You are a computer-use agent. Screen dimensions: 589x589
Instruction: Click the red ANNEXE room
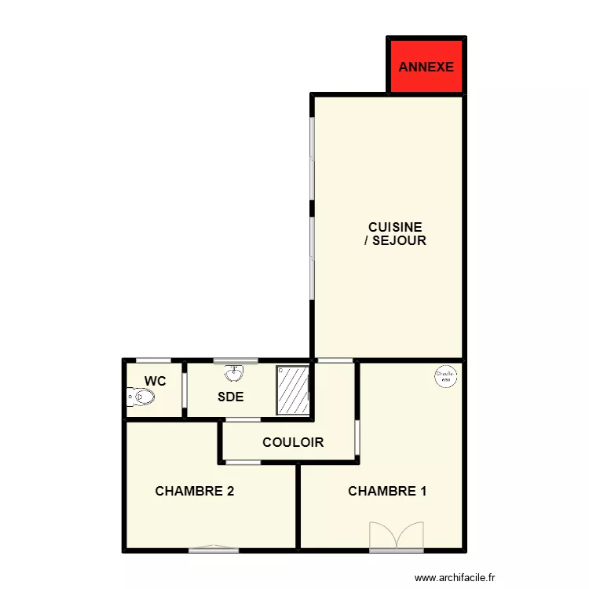pos(426,66)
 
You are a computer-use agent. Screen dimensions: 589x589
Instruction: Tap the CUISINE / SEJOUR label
pos(395,234)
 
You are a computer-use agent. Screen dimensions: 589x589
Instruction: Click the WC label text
pos(155,382)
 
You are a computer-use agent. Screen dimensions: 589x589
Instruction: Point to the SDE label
pos(230,397)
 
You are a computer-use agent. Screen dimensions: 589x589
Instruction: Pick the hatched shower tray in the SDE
pos(292,390)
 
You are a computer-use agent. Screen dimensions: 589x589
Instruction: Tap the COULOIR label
pos(293,443)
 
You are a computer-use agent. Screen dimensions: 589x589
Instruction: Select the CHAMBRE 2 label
pos(195,492)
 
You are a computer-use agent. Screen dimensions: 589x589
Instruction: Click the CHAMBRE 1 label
pos(387,492)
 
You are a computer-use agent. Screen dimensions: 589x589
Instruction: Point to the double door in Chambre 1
pos(397,537)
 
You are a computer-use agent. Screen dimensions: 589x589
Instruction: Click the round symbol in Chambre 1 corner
pos(445,376)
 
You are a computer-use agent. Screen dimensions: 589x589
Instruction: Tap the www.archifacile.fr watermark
pos(455,576)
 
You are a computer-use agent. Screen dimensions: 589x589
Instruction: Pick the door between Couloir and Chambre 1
pos(357,437)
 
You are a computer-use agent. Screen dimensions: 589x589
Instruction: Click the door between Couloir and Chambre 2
pos(243,463)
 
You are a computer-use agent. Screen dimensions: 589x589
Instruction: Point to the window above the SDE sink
pos(236,360)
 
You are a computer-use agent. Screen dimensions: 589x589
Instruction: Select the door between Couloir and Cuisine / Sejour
pos(335,360)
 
